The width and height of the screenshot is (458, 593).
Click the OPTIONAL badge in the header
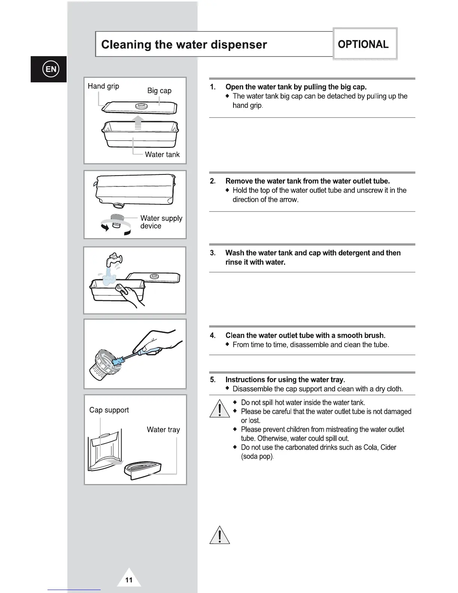tap(363, 44)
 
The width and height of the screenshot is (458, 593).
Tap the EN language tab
tap(51, 69)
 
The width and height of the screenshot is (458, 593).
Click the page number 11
tap(129, 580)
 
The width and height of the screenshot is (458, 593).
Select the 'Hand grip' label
tap(103, 86)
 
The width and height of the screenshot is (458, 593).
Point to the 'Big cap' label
tap(159, 91)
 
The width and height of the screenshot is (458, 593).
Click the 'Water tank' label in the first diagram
tap(162, 154)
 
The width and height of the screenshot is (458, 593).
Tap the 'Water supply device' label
tap(161, 222)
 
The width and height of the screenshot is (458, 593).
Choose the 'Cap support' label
tap(109, 410)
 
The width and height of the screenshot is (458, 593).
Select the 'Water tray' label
tap(163, 429)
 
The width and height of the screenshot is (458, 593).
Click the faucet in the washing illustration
tap(114, 259)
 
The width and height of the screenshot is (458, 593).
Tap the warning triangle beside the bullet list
tap(219, 409)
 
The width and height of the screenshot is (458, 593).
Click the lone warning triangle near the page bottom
tap(219, 535)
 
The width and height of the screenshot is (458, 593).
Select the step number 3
tap(213, 253)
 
